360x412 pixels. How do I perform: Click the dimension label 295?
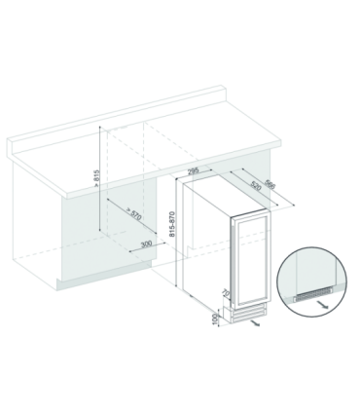[193, 170]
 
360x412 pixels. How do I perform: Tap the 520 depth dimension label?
[256, 186]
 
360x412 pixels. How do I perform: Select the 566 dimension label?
[270, 184]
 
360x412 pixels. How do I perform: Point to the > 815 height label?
[96, 178]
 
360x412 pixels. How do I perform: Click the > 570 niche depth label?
[133, 213]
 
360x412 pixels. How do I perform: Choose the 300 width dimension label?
[147, 243]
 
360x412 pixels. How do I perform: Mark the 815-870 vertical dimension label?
[171, 224]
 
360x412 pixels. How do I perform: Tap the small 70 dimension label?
[226, 293]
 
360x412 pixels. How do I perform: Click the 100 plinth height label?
[214, 318]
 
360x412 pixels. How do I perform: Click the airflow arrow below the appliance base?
[255, 323]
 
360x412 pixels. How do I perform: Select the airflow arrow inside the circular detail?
[324, 304]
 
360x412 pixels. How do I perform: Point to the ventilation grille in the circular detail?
[312, 295]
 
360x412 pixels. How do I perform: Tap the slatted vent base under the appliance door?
[248, 314]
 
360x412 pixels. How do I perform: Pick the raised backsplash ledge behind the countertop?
[116, 120]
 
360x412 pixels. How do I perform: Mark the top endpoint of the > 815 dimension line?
[100, 127]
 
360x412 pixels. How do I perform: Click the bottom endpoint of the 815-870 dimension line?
[176, 286]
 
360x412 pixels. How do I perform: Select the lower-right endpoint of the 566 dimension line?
[294, 205]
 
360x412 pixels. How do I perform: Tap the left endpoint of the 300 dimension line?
[129, 251]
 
